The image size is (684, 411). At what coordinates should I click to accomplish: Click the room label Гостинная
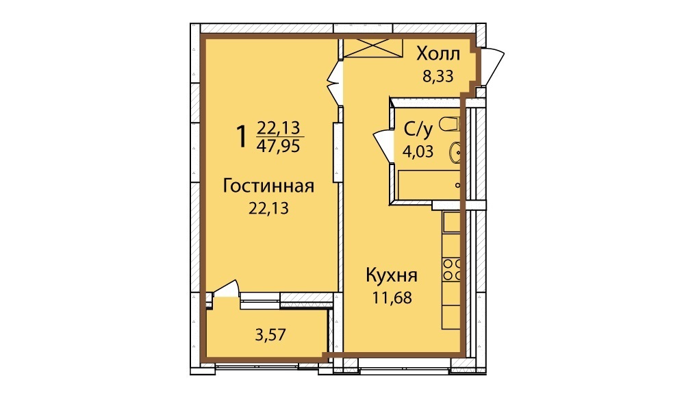point(268,186)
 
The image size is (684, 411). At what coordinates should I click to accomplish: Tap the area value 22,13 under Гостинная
point(268,208)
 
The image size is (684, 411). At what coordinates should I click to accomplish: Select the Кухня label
point(392,276)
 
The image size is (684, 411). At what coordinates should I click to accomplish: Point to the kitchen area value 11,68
point(392,297)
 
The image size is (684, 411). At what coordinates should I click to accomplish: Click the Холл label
point(438,54)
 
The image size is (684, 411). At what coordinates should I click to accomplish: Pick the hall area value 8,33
point(438,76)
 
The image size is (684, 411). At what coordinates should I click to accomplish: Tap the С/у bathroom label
point(418,129)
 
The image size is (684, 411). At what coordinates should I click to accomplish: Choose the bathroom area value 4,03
point(418,152)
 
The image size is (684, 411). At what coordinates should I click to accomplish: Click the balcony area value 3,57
point(270,335)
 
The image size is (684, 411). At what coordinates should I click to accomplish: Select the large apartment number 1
point(241,136)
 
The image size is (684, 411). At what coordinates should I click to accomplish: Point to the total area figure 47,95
point(278,146)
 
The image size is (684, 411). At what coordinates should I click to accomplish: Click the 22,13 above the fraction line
point(278,127)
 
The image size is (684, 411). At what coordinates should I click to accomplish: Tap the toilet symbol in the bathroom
point(450,124)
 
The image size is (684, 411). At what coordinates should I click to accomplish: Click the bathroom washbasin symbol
point(455,153)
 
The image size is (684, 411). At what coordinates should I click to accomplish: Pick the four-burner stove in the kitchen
point(451,270)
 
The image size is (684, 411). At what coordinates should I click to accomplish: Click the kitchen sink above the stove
point(452,222)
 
